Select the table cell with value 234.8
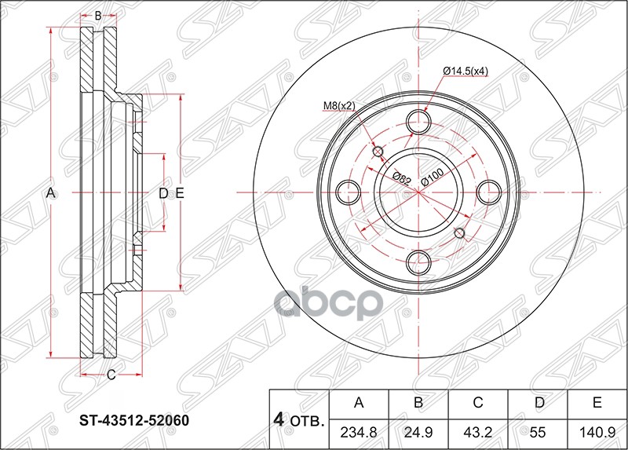point(359,431)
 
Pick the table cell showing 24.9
point(418,431)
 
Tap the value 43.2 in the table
point(478,431)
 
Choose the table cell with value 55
point(538,431)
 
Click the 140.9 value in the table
point(597,431)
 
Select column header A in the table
point(359,404)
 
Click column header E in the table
point(597,404)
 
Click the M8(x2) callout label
point(338,105)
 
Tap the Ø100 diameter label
point(432,174)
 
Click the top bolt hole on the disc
point(419,122)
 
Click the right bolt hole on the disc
point(489,191)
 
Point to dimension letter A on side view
point(49,192)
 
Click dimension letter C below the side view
point(111,375)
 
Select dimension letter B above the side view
point(98,16)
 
